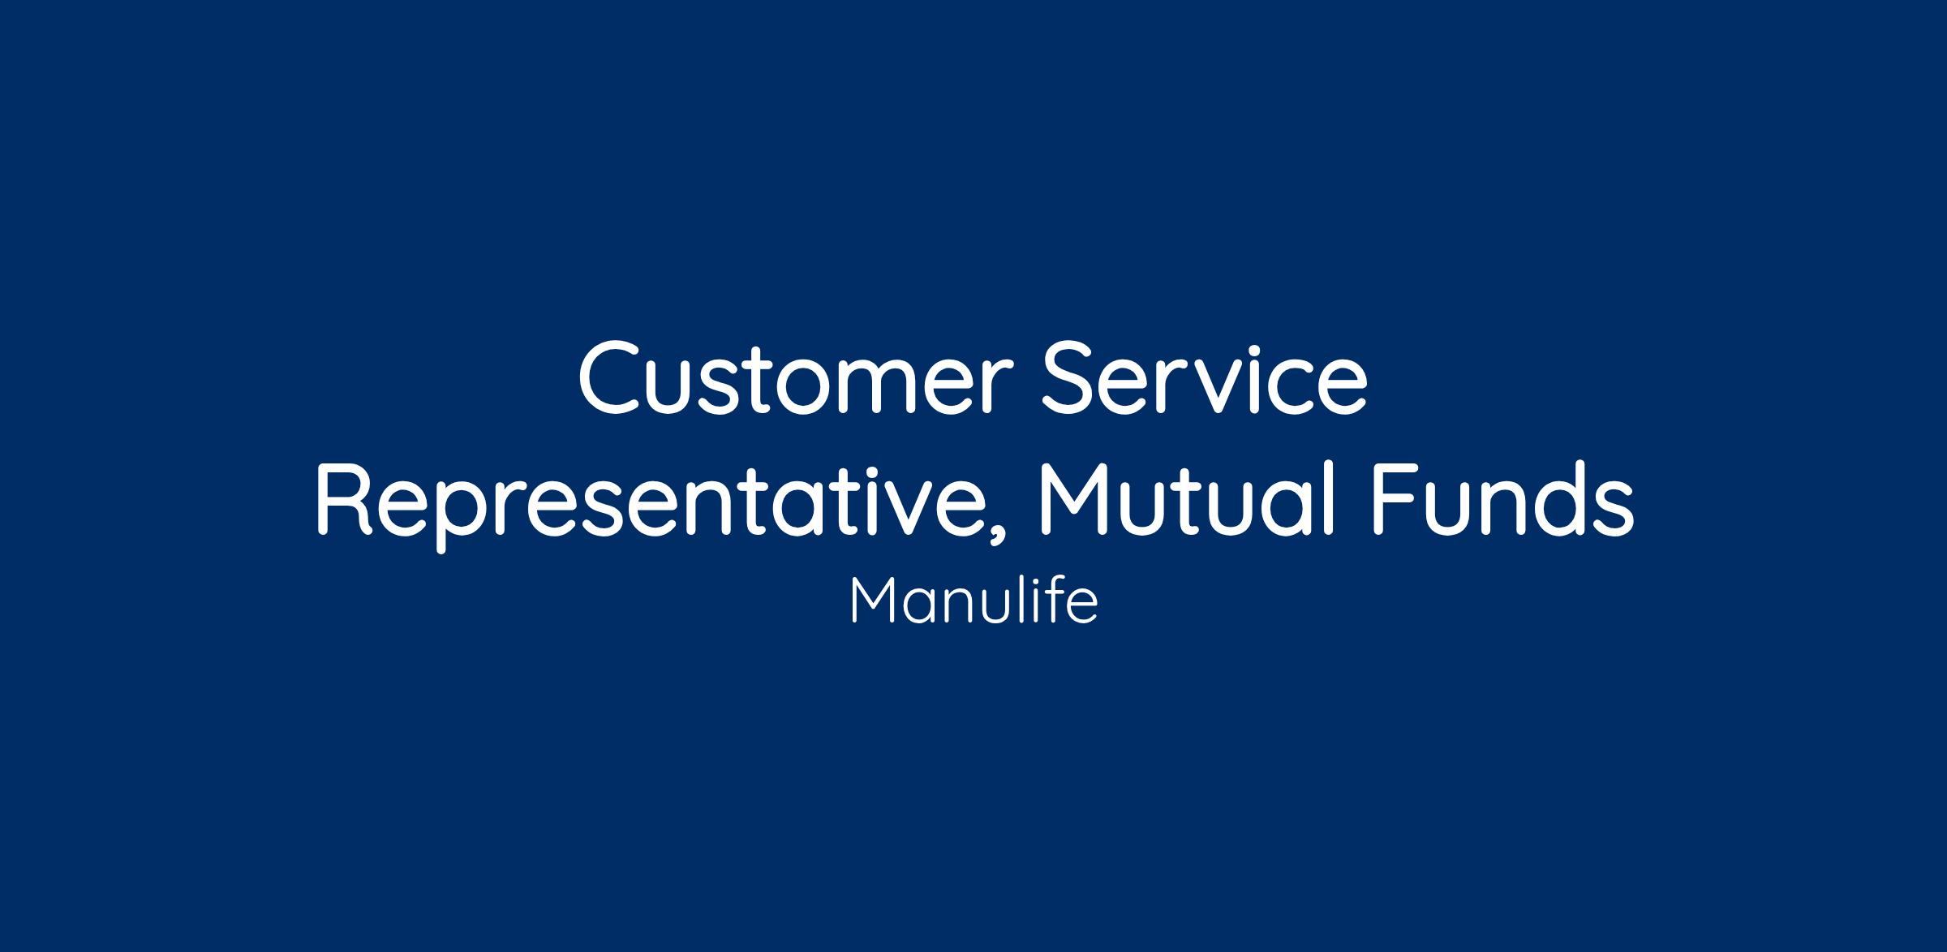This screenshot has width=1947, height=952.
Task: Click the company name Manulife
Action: [973, 601]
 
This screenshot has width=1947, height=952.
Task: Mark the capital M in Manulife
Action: [872, 601]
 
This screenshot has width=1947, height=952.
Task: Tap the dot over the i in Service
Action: [1253, 348]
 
